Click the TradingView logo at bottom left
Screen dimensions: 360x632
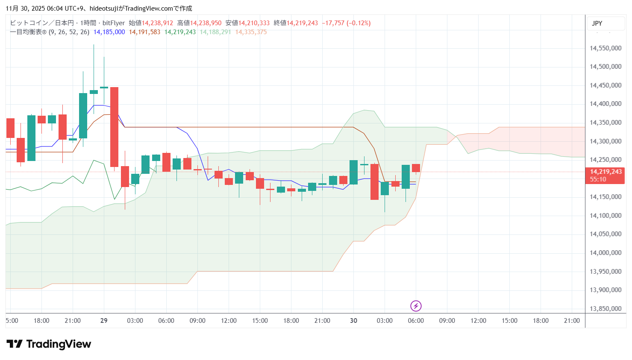pyautogui.click(x=49, y=344)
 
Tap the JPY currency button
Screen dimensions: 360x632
pyautogui.click(x=597, y=23)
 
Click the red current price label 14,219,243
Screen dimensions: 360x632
pyautogui.click(x=606, y=172)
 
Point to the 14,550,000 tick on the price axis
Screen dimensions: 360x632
pyautogui.click(x=606, y=48)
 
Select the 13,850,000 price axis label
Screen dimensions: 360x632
pyautogui.click(x=606, y=309)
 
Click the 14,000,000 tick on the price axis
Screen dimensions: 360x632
pyautogui.click(x=606, y=253)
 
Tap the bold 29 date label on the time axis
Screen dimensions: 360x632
pyautogui.click(x=104, y=321)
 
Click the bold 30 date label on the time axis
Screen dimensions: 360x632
pyautogui.click(x=353, y=321)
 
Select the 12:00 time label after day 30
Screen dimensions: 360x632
pyautogui.click(x=478, y=321)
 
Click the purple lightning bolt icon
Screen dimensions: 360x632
pyautogui.click(x=416, y=306)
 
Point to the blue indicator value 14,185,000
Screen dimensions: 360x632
pyautogui.click(x=109, y=32)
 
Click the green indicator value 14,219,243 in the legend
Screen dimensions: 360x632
pyautogui.click(x=180, y=32)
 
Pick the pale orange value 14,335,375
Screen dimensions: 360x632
pyautogui.click(x=251, y=32)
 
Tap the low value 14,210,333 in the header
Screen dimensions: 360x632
pyautogui.click(x=254, y=23)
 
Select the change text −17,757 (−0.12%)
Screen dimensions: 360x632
pyautogui.click(x=346, y=23)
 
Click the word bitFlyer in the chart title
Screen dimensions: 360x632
pyautogui.click(x=114, y=23)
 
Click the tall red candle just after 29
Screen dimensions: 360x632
pyautogui.click(x=114, y=127)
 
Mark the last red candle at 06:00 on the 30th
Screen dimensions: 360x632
pyautogui.click(x=416, y=168)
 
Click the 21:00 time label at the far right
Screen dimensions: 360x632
pyautogui.click(x=572, y=321)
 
